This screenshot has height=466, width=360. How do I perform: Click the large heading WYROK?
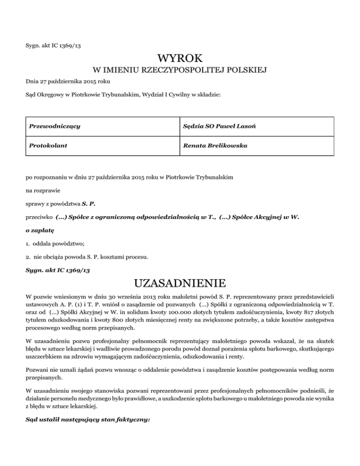pyautogui.click(x=180, y=59)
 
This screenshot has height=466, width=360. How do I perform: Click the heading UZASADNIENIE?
pyautogui.click(x=180, y=284)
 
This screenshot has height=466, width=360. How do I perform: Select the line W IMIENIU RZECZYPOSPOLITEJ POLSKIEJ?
pyautogui.click(x=180, y=71)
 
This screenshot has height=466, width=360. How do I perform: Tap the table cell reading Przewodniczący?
pyautogui.click(x=54, y=127)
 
